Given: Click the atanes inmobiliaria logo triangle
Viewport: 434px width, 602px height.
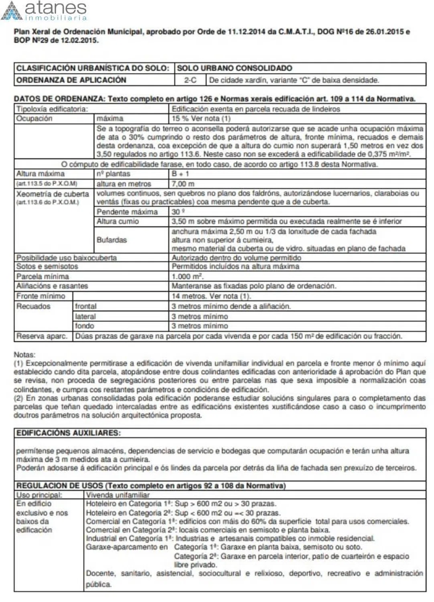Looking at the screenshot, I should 12,11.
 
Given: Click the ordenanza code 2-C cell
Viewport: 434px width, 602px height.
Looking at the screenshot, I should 190,80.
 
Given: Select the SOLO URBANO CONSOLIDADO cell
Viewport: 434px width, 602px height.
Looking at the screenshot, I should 235,68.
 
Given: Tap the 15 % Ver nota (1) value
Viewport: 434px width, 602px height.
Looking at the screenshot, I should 201,118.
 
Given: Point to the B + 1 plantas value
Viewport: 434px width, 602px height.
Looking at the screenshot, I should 180,174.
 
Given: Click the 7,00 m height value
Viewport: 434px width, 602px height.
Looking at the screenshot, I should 183,184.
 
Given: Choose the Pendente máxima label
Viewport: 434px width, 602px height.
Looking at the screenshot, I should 127,212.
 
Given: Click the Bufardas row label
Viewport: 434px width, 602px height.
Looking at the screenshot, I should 111,240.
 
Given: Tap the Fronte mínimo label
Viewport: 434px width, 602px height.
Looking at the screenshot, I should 41,296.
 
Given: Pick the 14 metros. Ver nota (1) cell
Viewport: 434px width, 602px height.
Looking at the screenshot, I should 211,296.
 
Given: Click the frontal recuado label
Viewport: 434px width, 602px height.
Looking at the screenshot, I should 85,306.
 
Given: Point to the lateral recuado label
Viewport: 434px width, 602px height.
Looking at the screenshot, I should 85,316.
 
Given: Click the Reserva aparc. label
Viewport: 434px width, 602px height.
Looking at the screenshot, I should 42,336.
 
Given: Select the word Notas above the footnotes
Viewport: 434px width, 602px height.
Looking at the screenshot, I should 24,355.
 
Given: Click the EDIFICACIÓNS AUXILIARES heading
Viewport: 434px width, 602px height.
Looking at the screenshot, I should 68,433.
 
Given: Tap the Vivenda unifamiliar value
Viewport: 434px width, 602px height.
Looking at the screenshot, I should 118,495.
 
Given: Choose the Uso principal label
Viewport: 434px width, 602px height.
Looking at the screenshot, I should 39,495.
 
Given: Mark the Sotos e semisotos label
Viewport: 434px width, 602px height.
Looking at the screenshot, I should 47,266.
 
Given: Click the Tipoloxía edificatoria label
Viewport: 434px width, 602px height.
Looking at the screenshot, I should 52,109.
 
